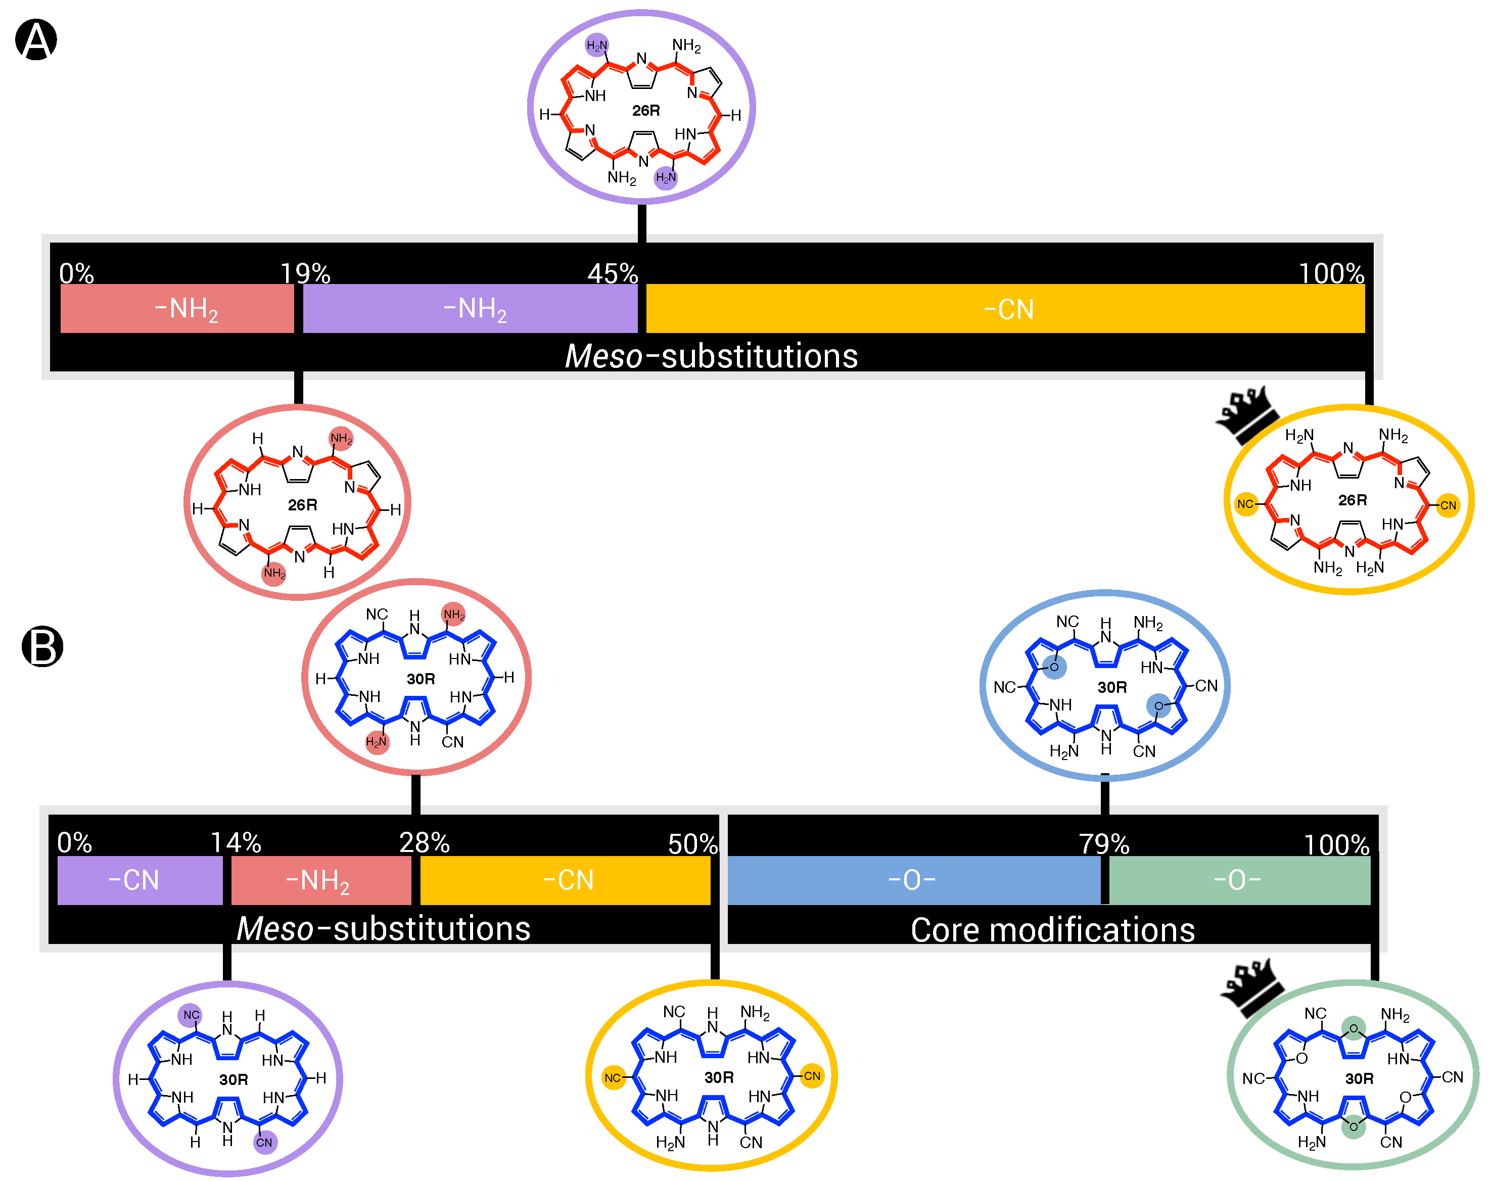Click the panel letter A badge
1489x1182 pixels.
(x=36, y=39)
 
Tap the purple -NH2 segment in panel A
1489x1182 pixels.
(x=471, y=309)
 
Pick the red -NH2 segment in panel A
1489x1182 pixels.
(x=177, y=309)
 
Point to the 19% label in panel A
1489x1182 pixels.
(x=305, y=273)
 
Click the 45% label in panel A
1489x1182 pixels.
(x=613, y=273)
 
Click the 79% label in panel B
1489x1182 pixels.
(x=1104, y=844)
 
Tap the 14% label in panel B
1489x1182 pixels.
(x=236, y=842)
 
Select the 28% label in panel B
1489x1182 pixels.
(x=424, y=842)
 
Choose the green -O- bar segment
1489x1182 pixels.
(x=1239, y=880)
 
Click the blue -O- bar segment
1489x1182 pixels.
(x=913, y=880)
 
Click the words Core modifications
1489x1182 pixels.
(x=1052, y=929)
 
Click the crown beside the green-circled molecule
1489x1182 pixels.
(x=1251, y=986)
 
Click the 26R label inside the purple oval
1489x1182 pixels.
(x=646, y=111)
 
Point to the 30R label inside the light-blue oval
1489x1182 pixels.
(x=1112, y=687)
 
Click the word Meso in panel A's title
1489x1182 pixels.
(x=603, y=356)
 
